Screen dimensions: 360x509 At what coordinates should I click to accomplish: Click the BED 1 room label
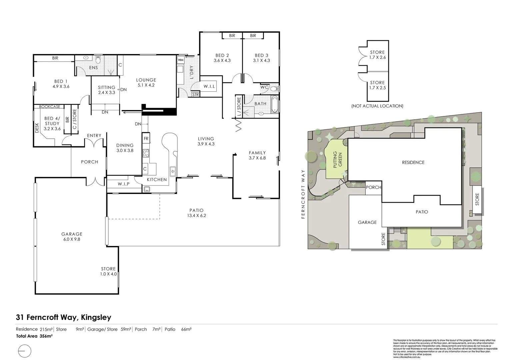point(61,84)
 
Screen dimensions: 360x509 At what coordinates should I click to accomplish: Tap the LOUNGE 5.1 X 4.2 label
point(146,82)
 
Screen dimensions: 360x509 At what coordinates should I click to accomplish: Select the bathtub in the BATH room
point(274,104)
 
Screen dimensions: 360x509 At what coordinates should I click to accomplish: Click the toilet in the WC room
point(274,89)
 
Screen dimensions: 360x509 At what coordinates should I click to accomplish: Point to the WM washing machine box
point(180,60)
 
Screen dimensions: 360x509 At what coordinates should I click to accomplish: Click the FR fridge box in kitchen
point(146,138)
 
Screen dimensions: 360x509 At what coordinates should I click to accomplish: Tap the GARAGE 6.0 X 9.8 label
point(72,236)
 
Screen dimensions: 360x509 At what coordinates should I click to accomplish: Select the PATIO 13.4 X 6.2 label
point(196,213)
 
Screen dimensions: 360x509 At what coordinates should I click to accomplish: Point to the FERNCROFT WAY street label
point(303,194)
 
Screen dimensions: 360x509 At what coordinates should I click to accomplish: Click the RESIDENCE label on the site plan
point(413,162)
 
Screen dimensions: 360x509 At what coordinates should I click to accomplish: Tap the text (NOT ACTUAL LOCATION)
point(377,106)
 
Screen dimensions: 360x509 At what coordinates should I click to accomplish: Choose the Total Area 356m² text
point(34,336)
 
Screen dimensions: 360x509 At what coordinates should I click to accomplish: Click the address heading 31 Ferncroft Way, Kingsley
point(63,317)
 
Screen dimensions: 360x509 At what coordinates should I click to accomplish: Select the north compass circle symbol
point(24,351)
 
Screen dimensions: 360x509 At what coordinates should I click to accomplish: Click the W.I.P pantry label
point(124,184)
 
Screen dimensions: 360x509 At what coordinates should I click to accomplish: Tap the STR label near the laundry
point(195,95)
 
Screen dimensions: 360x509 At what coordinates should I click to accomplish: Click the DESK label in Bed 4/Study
point(37,126)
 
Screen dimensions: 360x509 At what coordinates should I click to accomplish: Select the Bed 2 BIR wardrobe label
point(232,36)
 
